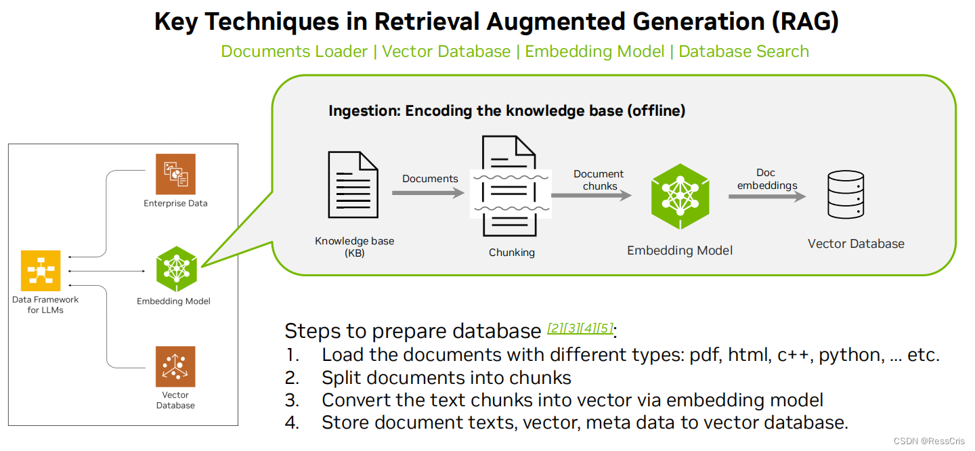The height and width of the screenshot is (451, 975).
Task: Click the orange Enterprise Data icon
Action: (x=175, y=174)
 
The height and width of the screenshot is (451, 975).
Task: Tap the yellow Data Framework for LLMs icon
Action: (x=41, y=271)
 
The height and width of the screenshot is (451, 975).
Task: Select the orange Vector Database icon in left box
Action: (x=175, y=366)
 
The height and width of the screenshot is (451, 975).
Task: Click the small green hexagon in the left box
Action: (x=176, y=270)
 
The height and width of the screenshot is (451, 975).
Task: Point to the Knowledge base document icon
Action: (x=353, y=184)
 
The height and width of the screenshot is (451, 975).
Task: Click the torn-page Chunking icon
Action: (x=511, y=186)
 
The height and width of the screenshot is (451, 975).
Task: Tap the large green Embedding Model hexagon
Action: (x=680, y=197)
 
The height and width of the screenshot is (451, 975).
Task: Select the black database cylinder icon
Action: (x=846, y=195)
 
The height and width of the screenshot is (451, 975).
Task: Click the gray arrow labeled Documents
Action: (x=429, y=193)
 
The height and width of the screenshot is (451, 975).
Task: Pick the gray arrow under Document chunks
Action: (x=591, y=195)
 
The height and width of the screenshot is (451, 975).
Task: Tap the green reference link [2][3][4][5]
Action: (x=580, y=328)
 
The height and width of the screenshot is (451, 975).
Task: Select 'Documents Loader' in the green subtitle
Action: (x=295, y=51)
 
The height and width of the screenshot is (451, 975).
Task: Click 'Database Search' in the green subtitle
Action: (x=743, y=51)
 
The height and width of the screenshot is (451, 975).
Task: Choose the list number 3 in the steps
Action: (x=292, y=400)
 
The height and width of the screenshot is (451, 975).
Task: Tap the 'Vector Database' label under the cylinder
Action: (x=856, y=244)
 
